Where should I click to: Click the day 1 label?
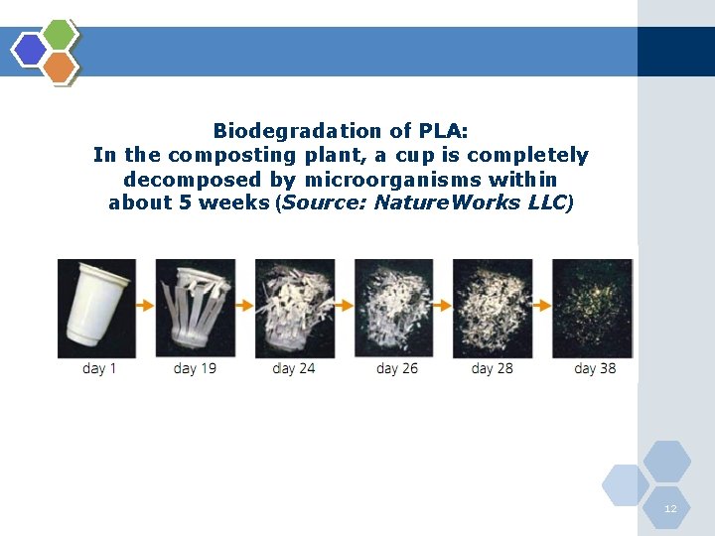(x=99, y=369)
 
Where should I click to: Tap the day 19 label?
(x=195, y=369)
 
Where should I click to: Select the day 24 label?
(x=294, y=369)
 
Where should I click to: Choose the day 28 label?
(x=493, y=369)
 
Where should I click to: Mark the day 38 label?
(x=595, y=369)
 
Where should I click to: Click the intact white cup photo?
(x=97, y=308)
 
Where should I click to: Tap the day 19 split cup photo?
(x=196, y=308)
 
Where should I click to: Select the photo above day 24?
(x=295, y=308)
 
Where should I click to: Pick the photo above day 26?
(x=394, y=308)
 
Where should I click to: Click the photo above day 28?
(x=493, y=308)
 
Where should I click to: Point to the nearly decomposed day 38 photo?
(x=592, y=308)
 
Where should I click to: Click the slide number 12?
(x=670, y=508)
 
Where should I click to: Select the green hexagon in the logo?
(x=61, y=34)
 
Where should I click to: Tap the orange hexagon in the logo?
(x=60, y=67)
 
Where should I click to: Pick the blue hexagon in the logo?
(x=30, y=50)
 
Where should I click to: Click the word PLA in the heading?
(x=440, y=131)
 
